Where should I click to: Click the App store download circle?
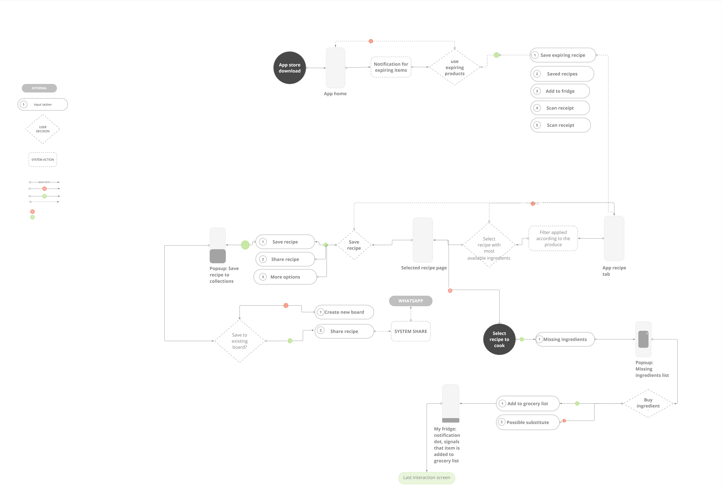point(290,68)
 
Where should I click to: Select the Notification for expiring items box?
point(391,67)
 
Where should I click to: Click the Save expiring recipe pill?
point(563,55)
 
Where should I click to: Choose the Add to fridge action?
point(560,91)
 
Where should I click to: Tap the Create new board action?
point(344,312)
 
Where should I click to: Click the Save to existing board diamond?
point(240,341)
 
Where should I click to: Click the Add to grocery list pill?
point(528,403)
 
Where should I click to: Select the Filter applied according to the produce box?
point(553,239)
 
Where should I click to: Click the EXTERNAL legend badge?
point(39,88)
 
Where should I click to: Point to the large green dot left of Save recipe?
point(245,245)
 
